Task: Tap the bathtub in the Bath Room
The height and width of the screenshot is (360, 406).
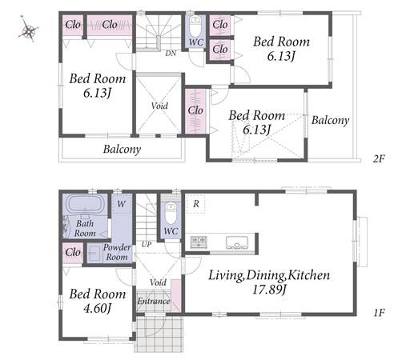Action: pos(85,204)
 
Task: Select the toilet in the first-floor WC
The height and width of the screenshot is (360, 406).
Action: pos(171,214)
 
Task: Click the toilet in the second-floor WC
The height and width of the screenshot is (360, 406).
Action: pos(195,26)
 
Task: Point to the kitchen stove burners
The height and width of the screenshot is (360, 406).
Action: pos(199,242)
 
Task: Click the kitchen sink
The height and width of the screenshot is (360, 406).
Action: pos(237,242)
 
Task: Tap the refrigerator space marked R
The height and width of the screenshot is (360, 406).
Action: pos(195,204)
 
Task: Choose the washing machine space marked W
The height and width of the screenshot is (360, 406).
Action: pos(122,204)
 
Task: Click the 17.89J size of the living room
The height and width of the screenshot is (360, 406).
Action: pos(269,290)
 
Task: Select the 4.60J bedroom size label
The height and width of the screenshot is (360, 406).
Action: pos(97,309)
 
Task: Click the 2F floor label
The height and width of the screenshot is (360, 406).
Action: pos(379,159)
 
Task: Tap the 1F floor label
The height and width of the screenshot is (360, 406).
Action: pos(379,313)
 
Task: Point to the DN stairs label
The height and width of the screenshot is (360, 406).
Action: pos(171,54)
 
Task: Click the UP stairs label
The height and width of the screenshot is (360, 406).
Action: pos(147,244)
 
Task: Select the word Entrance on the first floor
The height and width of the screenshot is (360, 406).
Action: pos(154,302)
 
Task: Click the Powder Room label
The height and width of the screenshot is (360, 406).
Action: pos(117,252)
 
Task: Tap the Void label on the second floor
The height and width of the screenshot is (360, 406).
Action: pos(159,106)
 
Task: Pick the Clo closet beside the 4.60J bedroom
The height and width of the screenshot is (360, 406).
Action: pos(73,252)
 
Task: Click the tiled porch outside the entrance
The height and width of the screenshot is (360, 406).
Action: pos(159,334)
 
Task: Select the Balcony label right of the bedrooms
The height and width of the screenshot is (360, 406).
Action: pos(330,120)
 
